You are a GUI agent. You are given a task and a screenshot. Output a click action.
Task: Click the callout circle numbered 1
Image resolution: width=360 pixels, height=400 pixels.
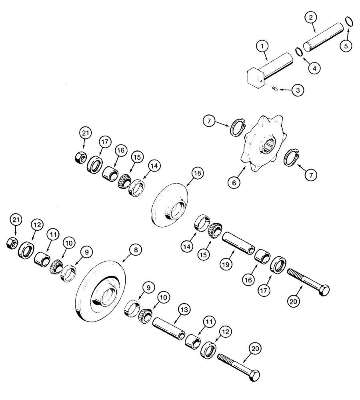click(262, 47)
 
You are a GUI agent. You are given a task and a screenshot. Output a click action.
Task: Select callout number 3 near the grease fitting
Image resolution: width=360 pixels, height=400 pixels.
click(297, 90)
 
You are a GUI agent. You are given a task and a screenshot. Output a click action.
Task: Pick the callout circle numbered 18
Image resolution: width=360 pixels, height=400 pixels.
click(197, 174)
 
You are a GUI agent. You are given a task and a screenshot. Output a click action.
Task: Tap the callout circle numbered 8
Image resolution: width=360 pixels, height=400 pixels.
click(136, 250)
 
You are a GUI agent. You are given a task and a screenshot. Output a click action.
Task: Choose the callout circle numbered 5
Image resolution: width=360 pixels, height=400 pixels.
click(346, 45)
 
